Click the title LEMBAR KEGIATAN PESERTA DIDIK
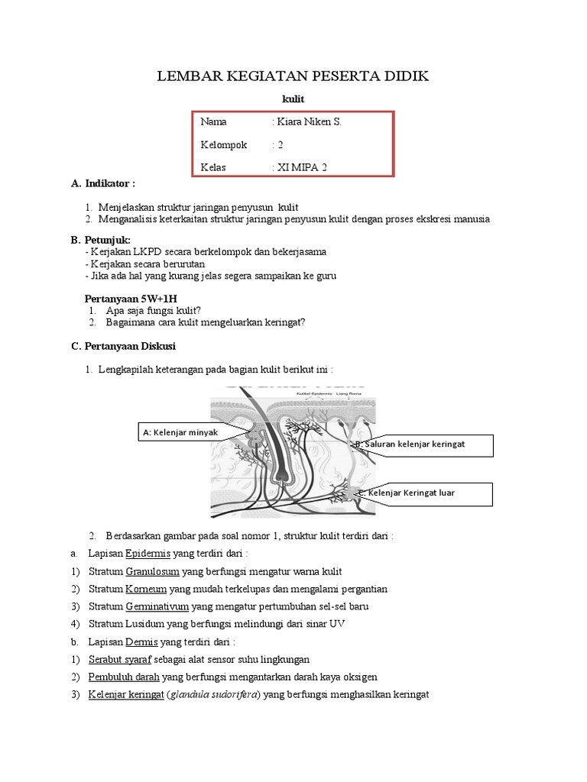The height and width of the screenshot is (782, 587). pos(293,76)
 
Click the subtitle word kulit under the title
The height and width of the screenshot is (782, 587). pos(293,99)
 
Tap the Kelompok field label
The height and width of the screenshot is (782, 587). pos(224,144)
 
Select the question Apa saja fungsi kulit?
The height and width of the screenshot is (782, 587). pos(150,310)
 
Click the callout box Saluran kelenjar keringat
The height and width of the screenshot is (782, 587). pos(420,444)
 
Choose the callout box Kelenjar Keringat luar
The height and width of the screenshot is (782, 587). pos(420,493)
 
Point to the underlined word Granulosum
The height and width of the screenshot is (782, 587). pos(152,571)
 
